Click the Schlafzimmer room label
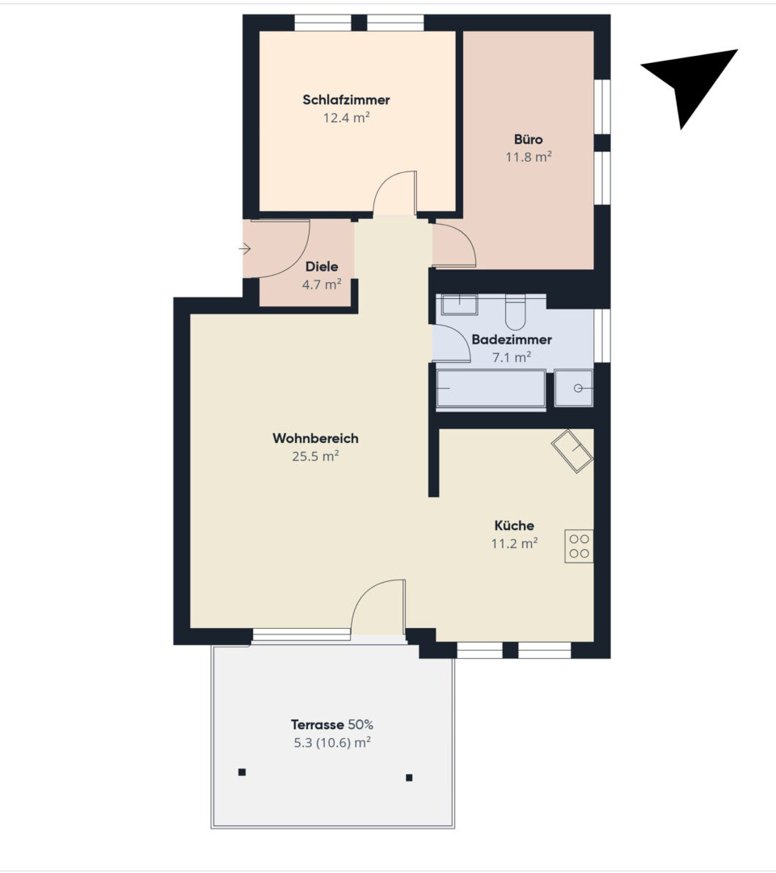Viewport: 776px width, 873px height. tap(346, 99)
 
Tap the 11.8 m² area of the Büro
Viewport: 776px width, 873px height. tap(529, 157)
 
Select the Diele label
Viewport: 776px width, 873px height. tap(322, 266)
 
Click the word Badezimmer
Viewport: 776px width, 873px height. tap(512, 339)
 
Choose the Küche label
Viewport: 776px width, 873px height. tap(514, 525)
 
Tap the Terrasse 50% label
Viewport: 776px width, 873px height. tap(331, 724)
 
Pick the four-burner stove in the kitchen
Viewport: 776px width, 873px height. tap(579, 546)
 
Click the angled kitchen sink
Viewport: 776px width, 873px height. tap(572, 451)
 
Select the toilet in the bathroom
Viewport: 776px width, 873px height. tap(515, 313)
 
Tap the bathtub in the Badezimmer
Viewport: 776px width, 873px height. tap(491, 388)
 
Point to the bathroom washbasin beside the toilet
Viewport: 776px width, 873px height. tap(459, 305)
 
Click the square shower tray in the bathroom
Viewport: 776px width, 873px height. tap(574, 388)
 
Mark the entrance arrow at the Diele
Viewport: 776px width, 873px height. tap(245, 249)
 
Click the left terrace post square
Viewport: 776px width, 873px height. tap(242, 772)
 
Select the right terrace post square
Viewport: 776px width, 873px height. tap(409, 778)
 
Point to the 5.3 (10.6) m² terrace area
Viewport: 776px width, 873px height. tap(332, 743)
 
